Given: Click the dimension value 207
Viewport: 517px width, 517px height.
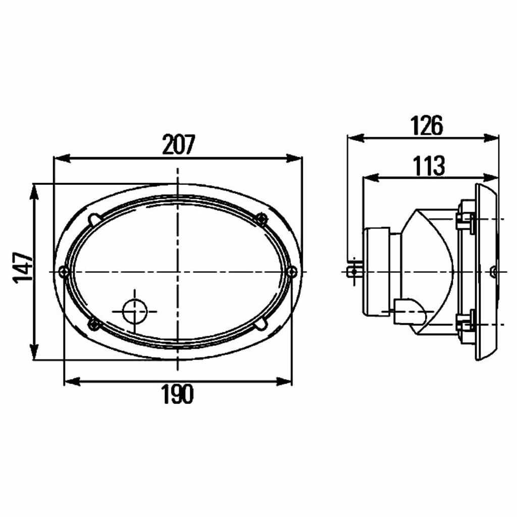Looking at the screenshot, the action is click(179, 144).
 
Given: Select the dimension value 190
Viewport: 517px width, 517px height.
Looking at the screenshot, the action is click(177, 394).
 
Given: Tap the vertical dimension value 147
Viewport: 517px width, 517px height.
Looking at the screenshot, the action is click(23, 268).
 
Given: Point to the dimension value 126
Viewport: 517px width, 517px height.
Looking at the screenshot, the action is click(426, 125).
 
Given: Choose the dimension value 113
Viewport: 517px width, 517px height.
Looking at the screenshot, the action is click(429, 166).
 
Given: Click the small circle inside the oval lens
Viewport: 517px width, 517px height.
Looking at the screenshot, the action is click(134, 311).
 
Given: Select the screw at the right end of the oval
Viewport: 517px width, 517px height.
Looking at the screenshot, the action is click(292, 272).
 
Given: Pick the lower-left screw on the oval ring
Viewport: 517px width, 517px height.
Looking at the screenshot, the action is click(93, 325).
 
